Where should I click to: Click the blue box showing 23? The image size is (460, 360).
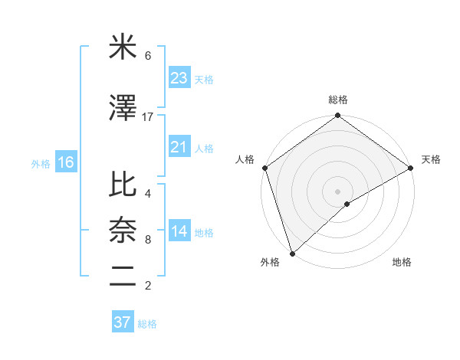pos(179,78)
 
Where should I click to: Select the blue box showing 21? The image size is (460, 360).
pos(179,147)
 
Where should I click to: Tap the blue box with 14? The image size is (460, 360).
pos(179,232)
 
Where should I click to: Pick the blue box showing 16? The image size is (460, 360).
pos(65,162)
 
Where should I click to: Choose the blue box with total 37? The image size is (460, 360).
pos(123,322)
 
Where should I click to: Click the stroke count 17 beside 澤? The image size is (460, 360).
pos(148,116)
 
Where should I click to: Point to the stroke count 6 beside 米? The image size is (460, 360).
pos(147,56)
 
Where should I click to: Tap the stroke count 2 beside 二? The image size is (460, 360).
pos(147,286)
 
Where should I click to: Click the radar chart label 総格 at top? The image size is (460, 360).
pos(337,100)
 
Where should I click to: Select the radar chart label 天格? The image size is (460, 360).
pos(431,159)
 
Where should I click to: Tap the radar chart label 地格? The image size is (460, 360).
pos(402,262)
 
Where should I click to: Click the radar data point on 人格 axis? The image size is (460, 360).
pos(264,168)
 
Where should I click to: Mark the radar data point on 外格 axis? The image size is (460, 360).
pos(292,253)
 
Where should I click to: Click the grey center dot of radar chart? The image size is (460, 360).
pos(337,191)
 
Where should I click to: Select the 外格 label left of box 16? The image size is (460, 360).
pos(41,163)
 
